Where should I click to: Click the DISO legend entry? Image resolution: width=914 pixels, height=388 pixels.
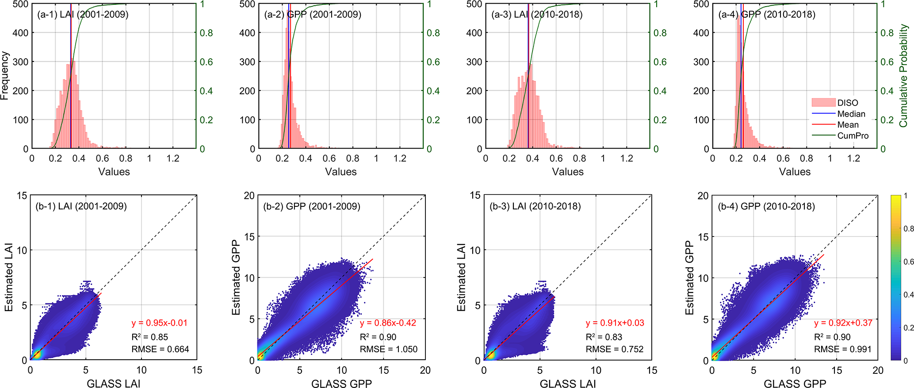pyautogui.click(x=847, y=103)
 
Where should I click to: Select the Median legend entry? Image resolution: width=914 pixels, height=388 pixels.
pyautogui.click(x=851, y=114)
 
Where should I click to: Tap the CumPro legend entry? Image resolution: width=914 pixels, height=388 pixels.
pyautogui.click(x=853, y=136)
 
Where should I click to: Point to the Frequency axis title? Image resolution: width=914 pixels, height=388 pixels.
pyautogui.click(x=5, y=76)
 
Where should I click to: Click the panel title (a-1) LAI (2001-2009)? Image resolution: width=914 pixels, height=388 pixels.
pyautogui.click(x=83, y=15)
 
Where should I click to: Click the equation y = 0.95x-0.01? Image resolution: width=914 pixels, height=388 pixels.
pyautogui.click(x=160, y=323)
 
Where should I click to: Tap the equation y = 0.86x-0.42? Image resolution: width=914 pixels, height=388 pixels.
pyautogui.click(x=388, y=323)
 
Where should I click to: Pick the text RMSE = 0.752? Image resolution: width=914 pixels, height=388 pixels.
pyautogui.click(x=615, y=349)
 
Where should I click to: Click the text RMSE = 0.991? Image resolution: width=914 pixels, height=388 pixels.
pyautogui.click(x=843, y=349)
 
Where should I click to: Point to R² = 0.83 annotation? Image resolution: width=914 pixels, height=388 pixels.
pyautogui.click(x=604, y=337)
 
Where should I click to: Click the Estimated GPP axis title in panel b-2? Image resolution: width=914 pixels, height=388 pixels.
pyautogui.click(x=236, y=278)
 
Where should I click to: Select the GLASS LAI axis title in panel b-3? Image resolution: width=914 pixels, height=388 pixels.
pyautogui.click(x=568, y=383)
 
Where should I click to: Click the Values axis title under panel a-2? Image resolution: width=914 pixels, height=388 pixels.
pyautogui.click(x=340, y=172)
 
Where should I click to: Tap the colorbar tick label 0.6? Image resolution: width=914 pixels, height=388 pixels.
pyautogui.click(x=909, y=262)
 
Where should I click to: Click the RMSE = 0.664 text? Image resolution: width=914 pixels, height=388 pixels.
pyautogui.click(x=160, y=349)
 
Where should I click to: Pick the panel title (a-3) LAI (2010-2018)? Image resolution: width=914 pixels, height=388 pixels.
pyautogui.click(x=537, y=15)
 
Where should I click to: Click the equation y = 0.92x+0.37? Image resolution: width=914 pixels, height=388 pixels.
pyautogui.click(x=843, y=323)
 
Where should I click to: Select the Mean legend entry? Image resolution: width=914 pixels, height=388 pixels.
pyautogui.click(x=848, y=125)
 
